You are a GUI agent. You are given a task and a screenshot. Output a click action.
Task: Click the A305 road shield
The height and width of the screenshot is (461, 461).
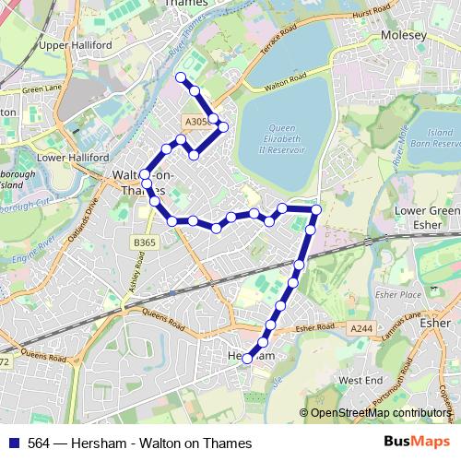point(195,122)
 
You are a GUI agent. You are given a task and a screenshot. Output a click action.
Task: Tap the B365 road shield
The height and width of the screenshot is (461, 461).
point(144,242)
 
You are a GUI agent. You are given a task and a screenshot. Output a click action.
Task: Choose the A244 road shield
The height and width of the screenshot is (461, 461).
point(361,327)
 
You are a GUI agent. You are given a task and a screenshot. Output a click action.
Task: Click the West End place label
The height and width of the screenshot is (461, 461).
point(360,380)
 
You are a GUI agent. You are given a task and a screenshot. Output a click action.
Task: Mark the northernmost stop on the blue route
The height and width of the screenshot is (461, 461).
point(181,77)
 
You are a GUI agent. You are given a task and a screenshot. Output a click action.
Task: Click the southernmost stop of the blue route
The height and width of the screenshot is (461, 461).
point(247,360)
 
